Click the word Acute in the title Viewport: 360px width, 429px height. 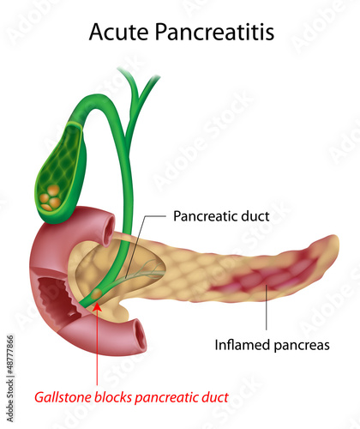pyautogui.click(x=118, y=31)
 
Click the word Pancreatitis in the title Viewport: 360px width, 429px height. pyautogui.click(x=214, y=31)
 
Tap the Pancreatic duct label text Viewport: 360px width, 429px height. pyautogui.click(x=221, y=216)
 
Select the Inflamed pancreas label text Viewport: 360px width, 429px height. pyautogui.click(x=272, y=345)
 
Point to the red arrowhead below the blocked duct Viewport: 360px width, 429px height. pyautogui.click(x=98, y=306)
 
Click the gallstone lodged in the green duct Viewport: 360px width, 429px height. pyautogui.click(x=97, y=293)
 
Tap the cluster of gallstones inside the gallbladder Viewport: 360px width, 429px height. pyautogui.click(x=51, y=197)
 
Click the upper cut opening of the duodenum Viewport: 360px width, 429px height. pyautogui.click(x=108, y=230)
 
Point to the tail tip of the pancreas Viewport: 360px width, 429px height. pyautogui.click(x=337, y=242)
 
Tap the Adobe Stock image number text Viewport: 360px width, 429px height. pyautogui.click(x=10, y=378)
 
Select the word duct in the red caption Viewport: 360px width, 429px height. pyautogui.click(x=215, y=397)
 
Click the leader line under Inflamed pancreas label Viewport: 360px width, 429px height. pyautogui.click(x=266, y=307)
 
